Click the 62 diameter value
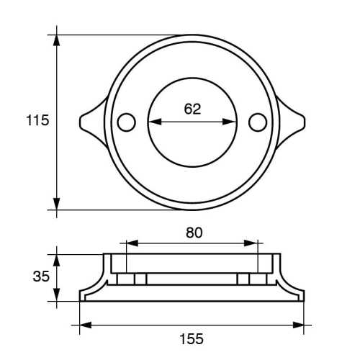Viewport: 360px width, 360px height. [x=192, y=109]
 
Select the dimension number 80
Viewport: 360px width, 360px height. [x=194, y=233]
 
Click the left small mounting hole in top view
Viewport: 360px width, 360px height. [x=126, y=122]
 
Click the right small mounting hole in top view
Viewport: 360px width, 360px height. [x=257, y=122]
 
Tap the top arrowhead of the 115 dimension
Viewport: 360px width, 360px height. [x=57, y=39]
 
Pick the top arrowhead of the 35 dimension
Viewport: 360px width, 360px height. [x=57, y=258]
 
